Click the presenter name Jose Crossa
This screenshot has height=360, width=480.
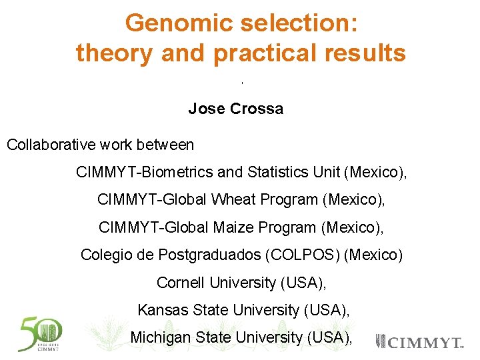pyautogui.click(x=235, y=109)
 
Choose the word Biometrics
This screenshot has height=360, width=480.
pyautogui.click(x=176, y=173)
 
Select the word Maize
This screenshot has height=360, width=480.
pyautogui.click(x=233, y=227)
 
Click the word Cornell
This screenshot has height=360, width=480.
pyautogui.click(x=181, y=283)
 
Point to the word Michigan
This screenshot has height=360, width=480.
pyautogui.click(x=160, y=337)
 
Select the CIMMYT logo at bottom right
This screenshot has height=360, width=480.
pyautogui.click(x=420, y=342)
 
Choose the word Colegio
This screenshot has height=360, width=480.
pyautogui.click(x=106, y=255)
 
